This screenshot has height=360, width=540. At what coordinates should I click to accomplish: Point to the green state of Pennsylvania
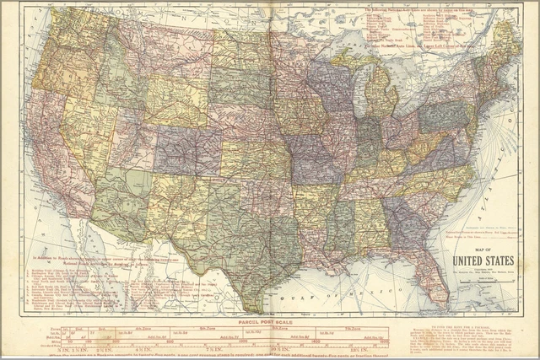(443, 114)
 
